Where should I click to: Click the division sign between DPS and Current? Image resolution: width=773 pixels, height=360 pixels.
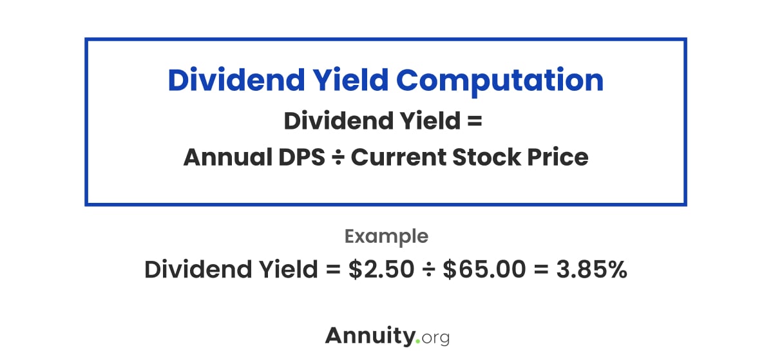(x=338, y=158)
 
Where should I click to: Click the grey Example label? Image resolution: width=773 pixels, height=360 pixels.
(x=386, y=236)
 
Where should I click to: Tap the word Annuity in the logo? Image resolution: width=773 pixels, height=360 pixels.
(x=370, y=336)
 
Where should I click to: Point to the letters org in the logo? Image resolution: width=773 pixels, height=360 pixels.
(x=435, y=337)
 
